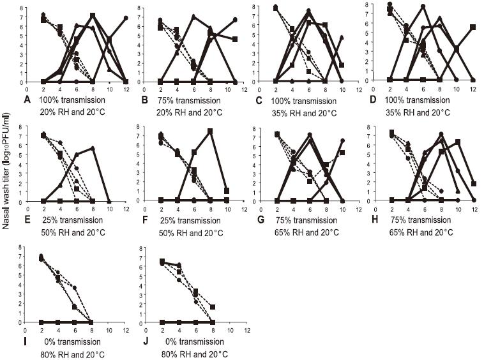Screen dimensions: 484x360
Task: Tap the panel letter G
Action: pos(261,220)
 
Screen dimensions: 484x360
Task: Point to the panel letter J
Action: pos(145,341)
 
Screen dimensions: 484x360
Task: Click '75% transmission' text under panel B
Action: pos(190,101)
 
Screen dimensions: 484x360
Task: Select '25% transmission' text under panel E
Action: pos(72,220)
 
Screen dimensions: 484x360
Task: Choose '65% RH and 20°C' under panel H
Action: pos(421,232)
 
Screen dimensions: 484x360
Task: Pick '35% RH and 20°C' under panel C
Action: pos(305,113)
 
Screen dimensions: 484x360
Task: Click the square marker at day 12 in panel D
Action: pos(473,27)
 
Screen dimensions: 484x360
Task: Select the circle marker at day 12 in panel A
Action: pos(126,19)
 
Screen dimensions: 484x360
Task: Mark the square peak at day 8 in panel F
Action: pos(210,131)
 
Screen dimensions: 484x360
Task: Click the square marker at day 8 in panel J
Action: pos(213,307)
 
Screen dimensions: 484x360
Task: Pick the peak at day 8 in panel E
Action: pos(93,148)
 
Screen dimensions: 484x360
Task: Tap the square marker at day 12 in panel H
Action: pos(474,184)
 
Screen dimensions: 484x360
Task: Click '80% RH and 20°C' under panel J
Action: pos(195,354)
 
